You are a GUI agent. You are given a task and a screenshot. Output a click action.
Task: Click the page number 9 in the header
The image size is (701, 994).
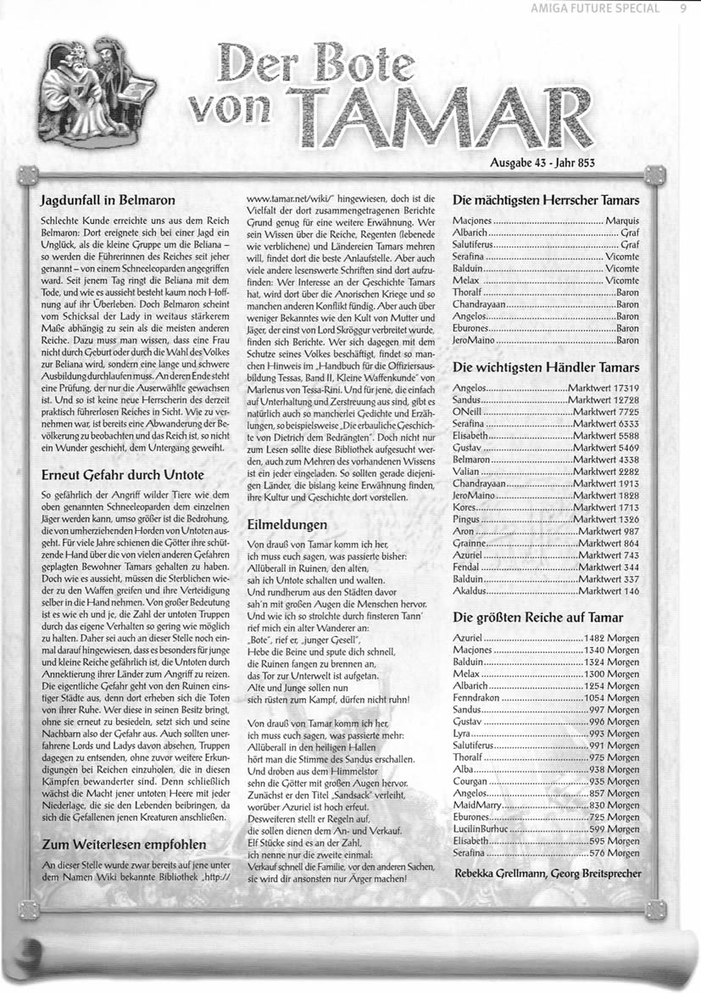click(x=682, y=10)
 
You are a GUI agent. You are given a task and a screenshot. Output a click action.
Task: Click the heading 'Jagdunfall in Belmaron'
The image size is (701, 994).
click(x=108, y=201)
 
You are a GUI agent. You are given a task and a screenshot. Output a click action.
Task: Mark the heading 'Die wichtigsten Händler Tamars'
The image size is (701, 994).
click(x=546, y=367)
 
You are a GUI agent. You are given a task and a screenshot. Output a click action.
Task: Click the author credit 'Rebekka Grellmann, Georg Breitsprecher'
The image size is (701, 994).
click(x=547, y=873)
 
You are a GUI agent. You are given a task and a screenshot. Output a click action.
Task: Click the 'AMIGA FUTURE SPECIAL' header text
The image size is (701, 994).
click(x=603, y=10)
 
